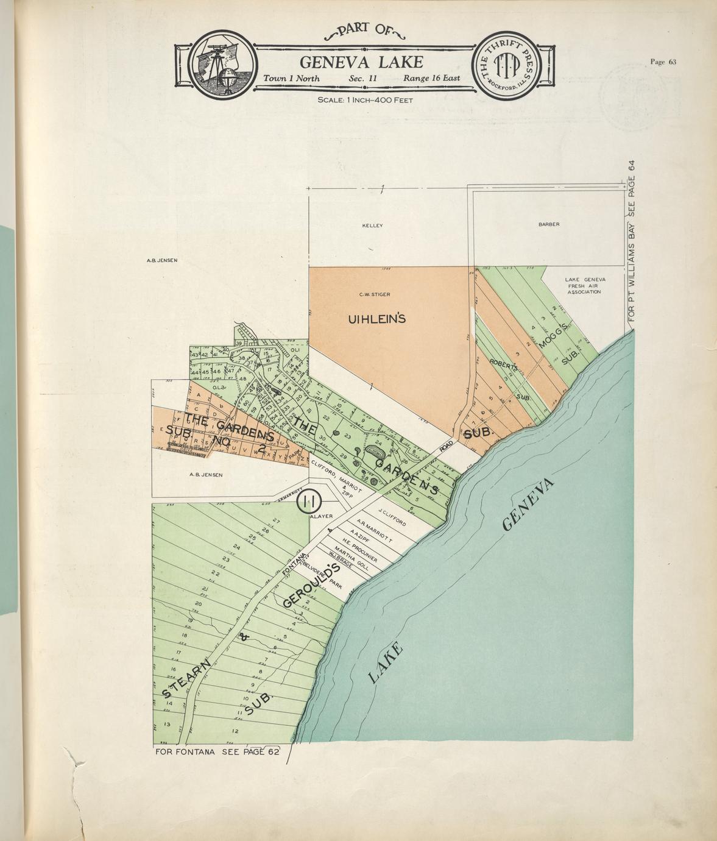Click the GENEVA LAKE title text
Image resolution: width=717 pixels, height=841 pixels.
[361, 62]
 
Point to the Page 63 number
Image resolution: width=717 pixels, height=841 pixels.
[663, 62]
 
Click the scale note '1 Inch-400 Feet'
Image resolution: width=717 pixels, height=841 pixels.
[365, 99]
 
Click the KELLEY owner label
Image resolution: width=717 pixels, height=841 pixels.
[372, 225]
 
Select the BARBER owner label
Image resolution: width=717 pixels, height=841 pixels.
[548, 224]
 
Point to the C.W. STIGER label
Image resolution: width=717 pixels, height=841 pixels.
[375, 294]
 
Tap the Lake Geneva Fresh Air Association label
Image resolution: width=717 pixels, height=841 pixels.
[584, 286]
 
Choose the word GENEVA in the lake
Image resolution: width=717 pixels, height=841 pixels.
[529, 505]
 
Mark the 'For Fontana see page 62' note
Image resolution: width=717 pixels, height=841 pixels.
[217, 751]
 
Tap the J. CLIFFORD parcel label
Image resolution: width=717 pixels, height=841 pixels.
[392, 517]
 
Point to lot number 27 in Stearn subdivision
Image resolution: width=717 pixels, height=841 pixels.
[276, 520]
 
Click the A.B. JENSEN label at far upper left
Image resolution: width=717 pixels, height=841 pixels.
[161, 261]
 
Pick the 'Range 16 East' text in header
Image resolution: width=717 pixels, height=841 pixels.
[431, 79]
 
